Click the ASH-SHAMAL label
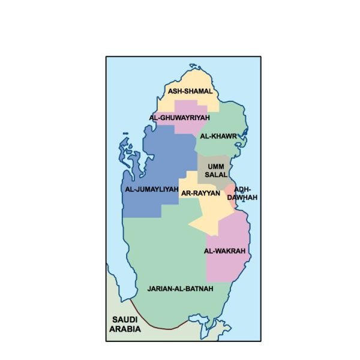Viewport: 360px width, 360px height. [x=190, y=91]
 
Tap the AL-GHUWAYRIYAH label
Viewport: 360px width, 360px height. [x=179, y=118]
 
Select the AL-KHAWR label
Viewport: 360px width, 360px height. [x=218, y=136]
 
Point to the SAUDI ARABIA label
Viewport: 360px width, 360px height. [x=125, y=324]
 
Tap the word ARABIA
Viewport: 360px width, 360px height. [x=125, y=329]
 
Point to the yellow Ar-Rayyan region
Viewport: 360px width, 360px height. [x=210, y=213]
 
